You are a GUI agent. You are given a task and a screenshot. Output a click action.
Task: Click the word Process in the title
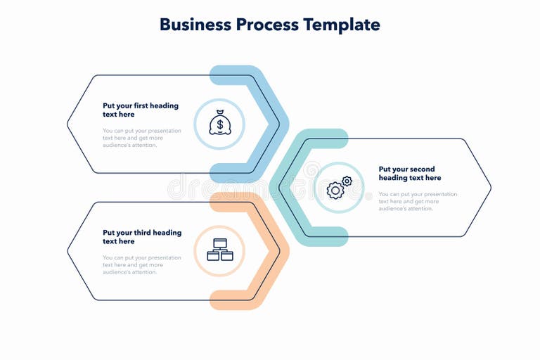pos(264,25)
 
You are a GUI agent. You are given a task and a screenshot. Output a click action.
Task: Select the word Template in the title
pos(341,25)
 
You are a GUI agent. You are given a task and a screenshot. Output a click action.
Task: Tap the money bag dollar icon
pos(219,124)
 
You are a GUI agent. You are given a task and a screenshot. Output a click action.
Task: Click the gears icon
pos(339,188)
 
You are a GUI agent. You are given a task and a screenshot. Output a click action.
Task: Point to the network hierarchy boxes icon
pos(219,250)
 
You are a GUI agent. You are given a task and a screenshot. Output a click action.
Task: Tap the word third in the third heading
pos(145,232)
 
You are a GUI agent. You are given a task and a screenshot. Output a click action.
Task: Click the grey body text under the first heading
pos(141,138)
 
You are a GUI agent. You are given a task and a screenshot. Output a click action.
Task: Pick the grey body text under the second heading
pos(418,201)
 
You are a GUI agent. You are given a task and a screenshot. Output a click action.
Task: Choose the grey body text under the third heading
pos(141,264)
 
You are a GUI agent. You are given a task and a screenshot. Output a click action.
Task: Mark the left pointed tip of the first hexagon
pos(68,124)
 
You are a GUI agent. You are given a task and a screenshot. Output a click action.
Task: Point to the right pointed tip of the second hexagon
pos(490,188)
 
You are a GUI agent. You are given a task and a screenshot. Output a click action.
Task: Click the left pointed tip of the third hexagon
pos(68,251)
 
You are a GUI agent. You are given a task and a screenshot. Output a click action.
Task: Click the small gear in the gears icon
pos(347,181)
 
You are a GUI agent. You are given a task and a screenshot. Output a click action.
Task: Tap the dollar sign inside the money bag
pos(220,127)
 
